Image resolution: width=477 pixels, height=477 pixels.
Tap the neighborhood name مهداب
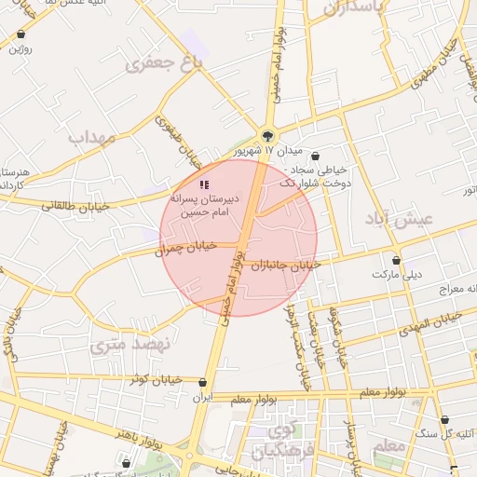pos(90,136)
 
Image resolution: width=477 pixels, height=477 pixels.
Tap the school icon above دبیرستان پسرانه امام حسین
pos(204,185)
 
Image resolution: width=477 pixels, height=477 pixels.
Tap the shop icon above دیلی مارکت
pos(398,261)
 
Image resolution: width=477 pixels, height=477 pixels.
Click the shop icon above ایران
pos(203,382)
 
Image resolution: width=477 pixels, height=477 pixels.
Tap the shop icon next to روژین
pos(20,35)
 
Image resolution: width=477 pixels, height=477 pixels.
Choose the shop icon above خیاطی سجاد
pos(316,157)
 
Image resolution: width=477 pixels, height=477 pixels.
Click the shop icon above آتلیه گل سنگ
pos(444,420)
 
